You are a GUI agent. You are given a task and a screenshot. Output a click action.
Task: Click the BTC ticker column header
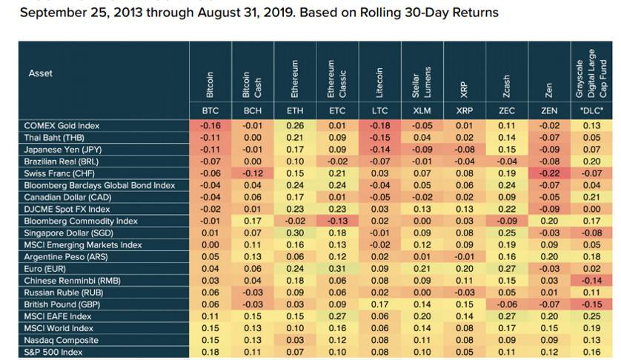[210, 111]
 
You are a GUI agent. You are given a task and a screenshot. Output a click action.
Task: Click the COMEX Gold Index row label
[62, 126]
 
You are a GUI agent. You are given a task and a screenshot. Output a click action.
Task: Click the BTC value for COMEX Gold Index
[210, 126]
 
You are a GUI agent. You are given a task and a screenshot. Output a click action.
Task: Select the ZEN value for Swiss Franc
[548, 173]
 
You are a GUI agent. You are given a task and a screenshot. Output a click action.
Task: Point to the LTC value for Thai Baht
[379, 138]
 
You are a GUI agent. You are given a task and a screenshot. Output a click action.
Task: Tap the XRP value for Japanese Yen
[464, 150]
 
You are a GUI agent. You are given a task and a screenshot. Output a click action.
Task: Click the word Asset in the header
[41, 73]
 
